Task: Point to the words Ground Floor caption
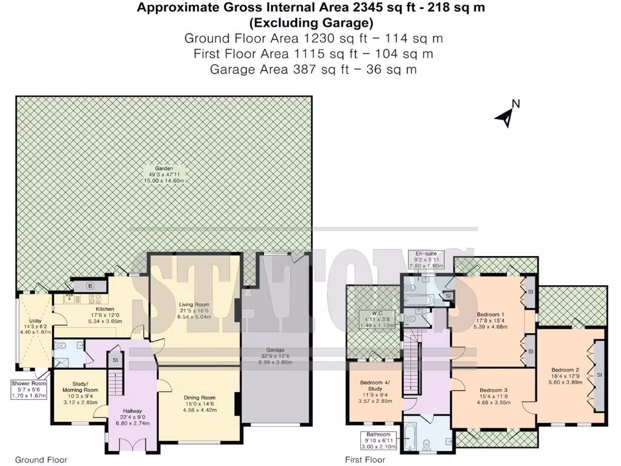[x=41, y=460]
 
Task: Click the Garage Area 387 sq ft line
[x=313, y=69]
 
